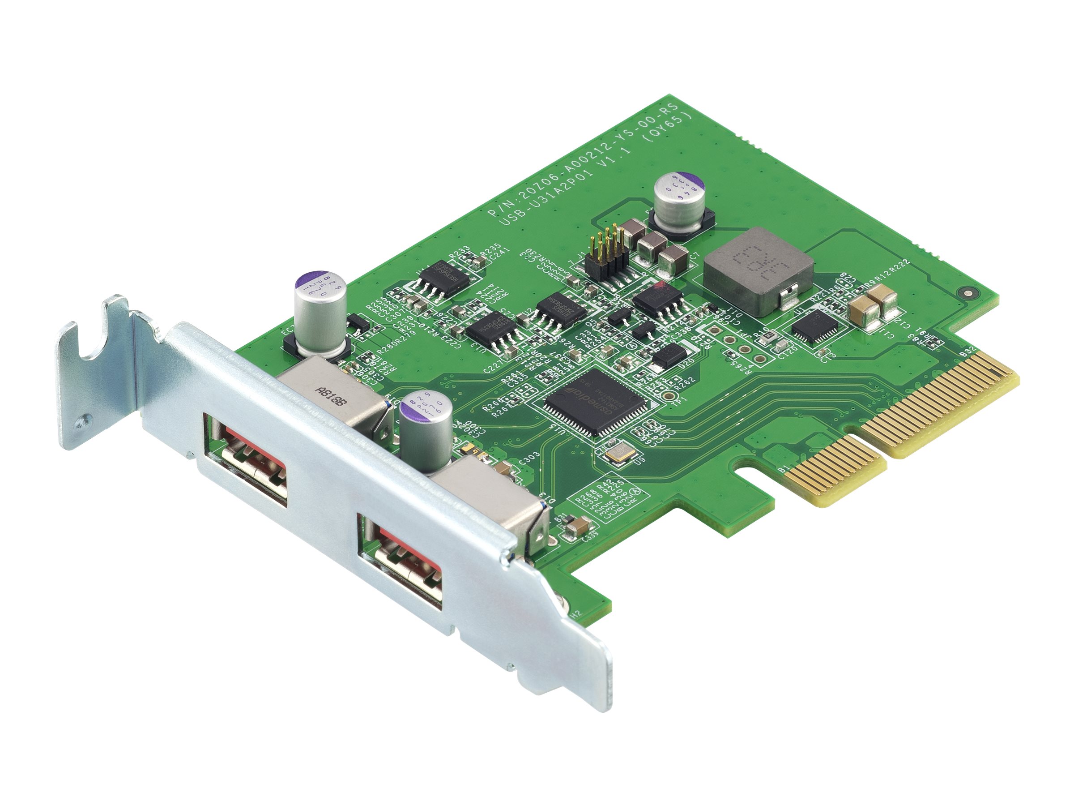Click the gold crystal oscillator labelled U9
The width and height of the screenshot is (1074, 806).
click(618, 453)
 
